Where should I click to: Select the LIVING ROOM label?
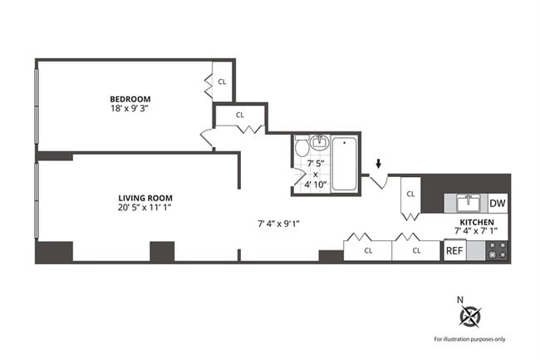[x=145, y=197]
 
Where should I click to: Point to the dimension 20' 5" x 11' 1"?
[x=145, y=208]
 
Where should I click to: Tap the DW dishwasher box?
[x=497, y=203]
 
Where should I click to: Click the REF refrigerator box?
[x=454, y=250]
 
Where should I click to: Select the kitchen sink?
[x=468, y=202]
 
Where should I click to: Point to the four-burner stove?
[x=497, y=251]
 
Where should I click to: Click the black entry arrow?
[x=380, y=164]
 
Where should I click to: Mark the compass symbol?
[x=470, y=316]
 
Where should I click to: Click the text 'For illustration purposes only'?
[x=469, y=339]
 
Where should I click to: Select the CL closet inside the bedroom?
[x=223, y=81]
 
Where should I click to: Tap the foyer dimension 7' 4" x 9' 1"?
[x=278, y=223]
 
